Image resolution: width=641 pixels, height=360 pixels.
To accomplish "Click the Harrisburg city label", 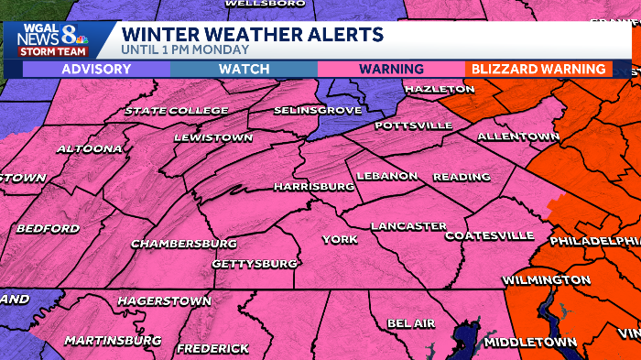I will tap(313, 186).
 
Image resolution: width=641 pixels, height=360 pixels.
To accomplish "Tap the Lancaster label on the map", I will tap(408, 225).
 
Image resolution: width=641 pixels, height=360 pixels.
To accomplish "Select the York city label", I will tap(339, 239).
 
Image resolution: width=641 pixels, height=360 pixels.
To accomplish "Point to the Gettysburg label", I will tap(255, 264).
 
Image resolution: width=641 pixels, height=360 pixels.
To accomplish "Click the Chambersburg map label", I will tap(179, 244).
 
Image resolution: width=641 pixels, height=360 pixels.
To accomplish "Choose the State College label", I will tap(177, 111).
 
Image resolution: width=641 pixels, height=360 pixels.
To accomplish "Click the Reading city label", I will tap(455, 176).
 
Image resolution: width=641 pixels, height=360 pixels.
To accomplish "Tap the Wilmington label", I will tap(547, 279).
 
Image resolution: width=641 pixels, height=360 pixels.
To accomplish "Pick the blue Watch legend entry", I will tap(244, 69).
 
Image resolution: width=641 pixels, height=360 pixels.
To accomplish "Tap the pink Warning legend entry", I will tap(391, 69).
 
